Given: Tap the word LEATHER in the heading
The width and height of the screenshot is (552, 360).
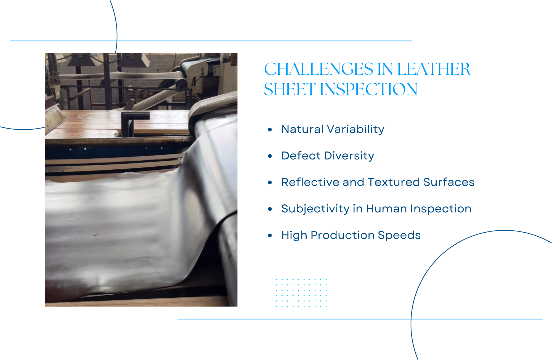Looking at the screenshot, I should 434,69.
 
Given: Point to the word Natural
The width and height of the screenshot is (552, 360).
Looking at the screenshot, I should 302,129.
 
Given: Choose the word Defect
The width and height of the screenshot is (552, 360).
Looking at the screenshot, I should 301,156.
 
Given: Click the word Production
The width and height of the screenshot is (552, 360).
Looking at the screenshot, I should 343,235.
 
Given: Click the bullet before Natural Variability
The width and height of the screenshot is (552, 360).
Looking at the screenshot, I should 270,129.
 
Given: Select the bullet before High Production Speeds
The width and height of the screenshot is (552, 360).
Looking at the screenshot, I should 270,235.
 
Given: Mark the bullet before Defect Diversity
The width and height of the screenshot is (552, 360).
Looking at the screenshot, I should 270,156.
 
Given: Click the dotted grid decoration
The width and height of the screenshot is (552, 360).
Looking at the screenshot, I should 301,293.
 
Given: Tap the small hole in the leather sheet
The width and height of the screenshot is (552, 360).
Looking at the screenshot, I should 96,235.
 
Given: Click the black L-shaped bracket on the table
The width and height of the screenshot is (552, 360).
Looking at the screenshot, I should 132,121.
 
